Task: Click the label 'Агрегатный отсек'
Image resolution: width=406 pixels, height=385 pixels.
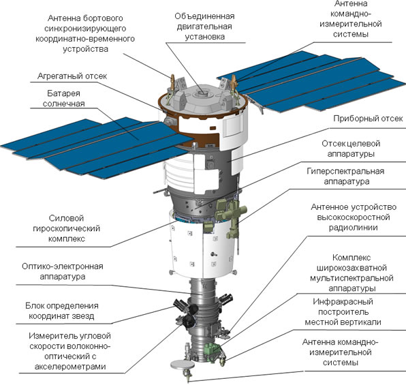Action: click(x=72, y=76)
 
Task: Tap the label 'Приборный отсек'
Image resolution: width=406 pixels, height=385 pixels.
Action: click(x=368, y=119)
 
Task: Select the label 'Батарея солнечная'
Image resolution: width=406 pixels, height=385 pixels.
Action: click(x=64, y=98)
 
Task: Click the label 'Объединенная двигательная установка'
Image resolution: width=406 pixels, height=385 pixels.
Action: click(x=204, y=27)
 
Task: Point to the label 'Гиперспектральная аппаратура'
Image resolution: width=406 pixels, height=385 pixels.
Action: click(x=345, y=176)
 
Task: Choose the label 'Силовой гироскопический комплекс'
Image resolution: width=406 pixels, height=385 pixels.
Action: click(x=67, y=228)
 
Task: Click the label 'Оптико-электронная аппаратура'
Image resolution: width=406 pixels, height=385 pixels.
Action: click(x=63, y=271)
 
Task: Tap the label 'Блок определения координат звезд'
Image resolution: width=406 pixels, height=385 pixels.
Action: click(x=61, y=311)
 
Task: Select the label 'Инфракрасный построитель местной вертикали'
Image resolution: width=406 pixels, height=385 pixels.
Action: click(x=343, y=312)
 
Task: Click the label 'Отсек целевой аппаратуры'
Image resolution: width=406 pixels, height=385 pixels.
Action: click(x=351, y=149)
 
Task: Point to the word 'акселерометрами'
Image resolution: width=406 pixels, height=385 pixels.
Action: click(x=70, y=367)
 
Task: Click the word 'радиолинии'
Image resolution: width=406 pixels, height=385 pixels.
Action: click(x=353, y=228)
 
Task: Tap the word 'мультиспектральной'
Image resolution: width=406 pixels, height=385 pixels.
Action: click(x=352, y=278)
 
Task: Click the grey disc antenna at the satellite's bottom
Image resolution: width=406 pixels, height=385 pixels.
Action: click(x=183, y=365)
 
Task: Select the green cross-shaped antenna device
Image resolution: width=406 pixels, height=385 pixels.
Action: click(x=235, y=213)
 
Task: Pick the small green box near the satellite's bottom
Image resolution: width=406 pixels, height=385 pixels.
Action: click(x=211, y=348)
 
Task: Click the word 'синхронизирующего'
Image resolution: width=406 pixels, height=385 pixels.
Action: click(x=85, y=29)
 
